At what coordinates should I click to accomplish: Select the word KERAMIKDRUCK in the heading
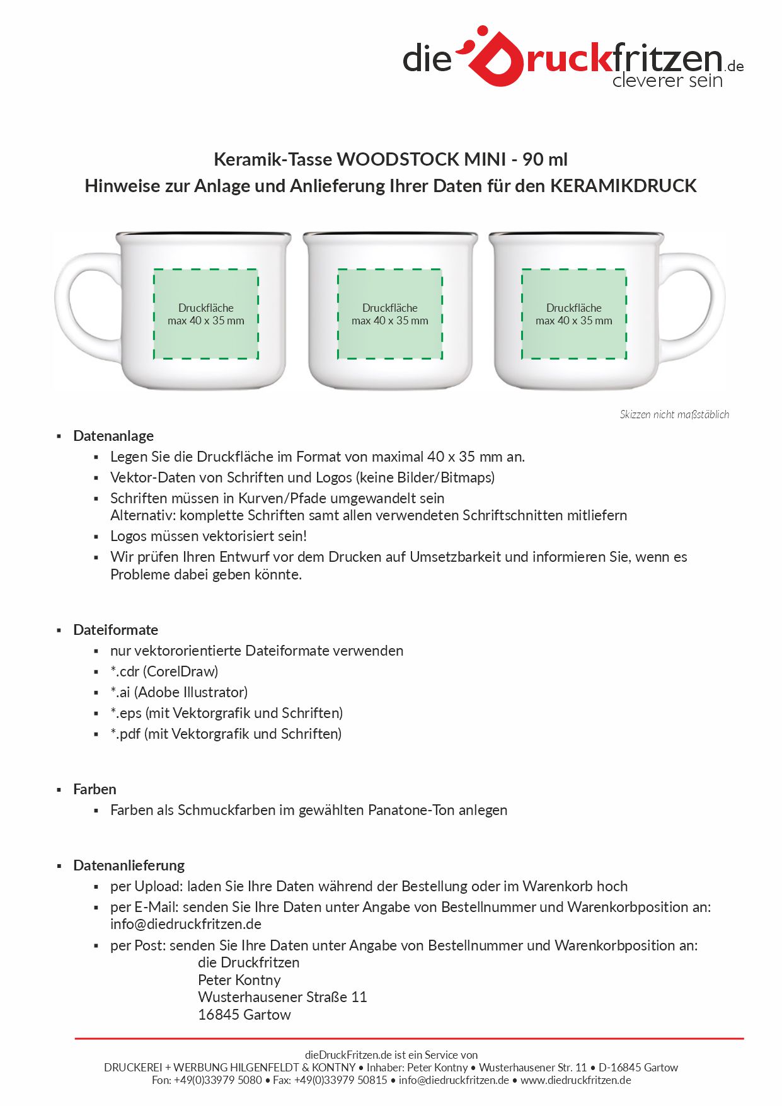click(623, 186)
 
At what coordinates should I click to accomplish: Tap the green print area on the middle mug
click(389, 314)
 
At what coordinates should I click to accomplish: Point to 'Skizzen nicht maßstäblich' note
click(674, 414)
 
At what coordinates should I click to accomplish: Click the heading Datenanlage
click(113, 436)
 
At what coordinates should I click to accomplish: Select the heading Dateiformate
click(115, 630)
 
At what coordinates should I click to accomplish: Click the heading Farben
click(95, 789)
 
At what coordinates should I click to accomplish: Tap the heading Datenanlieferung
click(129, 865)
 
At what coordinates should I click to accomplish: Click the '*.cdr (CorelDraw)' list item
click(164, 671)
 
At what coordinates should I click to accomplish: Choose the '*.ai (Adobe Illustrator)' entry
click(179, 692)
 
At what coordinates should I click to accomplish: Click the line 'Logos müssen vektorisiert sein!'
click(209, 536)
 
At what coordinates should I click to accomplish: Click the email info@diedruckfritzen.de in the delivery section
click(186, 924)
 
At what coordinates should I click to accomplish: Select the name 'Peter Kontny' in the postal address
click(239, 980)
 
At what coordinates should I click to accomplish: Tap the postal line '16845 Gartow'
click(244, 1015)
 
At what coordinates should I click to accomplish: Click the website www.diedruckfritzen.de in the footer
click(576, 1080)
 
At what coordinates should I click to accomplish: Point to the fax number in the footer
click(330, 1080)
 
